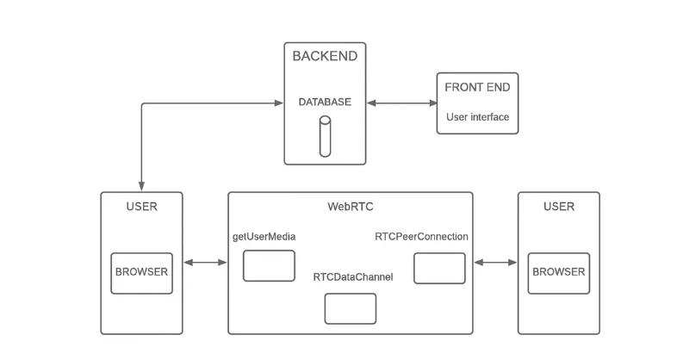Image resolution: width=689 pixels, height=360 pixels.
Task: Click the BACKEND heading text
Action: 325,57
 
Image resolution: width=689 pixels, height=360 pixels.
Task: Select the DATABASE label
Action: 325,102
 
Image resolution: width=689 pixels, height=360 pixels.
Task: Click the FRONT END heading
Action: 477,88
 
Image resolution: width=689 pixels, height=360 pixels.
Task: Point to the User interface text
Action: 477,117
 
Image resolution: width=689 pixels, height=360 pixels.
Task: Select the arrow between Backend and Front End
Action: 401,103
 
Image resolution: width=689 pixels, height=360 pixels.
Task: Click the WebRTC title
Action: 350,207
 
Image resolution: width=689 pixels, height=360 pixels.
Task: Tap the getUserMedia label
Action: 264,237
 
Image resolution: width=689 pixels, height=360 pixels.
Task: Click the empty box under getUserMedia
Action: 269,265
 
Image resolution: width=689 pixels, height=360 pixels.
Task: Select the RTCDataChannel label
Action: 353,277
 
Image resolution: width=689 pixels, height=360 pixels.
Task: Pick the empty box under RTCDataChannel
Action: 350,308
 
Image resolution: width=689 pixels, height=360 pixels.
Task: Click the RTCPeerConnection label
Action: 421,237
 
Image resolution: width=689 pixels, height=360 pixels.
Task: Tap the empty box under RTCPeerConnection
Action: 439,268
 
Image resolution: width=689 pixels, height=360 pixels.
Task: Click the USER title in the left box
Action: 141,207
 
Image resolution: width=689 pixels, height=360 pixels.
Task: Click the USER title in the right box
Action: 558,207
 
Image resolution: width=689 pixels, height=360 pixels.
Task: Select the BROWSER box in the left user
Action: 141,272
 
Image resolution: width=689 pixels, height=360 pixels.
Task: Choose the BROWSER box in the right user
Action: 558,272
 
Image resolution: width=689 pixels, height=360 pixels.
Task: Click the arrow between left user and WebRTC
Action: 205,263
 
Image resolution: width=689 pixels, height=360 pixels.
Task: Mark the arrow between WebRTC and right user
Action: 495,263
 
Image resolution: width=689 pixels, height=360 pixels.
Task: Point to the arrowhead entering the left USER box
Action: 141,187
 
